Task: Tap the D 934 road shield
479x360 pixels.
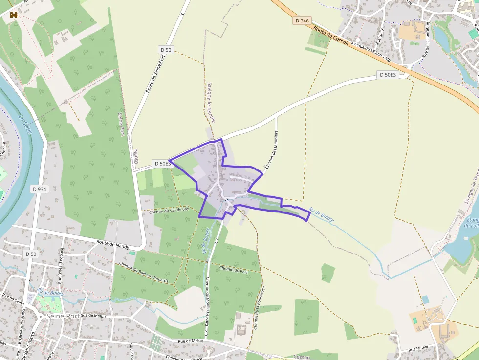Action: pyautogui.click(x=39, y=189)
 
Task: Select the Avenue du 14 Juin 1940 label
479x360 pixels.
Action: pyautogui.click(x=371, y=53)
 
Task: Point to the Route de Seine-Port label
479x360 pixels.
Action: pyautogui.click(x=156, y=73)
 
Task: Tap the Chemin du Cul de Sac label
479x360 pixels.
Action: pyautogui.click(x=169, y=210)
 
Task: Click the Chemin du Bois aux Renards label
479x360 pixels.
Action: pyautogui.click(x=144, y=273)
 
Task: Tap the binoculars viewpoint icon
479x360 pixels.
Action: pyautogui.click(x=13, y=15)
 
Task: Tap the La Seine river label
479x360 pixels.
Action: pyautogui.click(x=25, y=124)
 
